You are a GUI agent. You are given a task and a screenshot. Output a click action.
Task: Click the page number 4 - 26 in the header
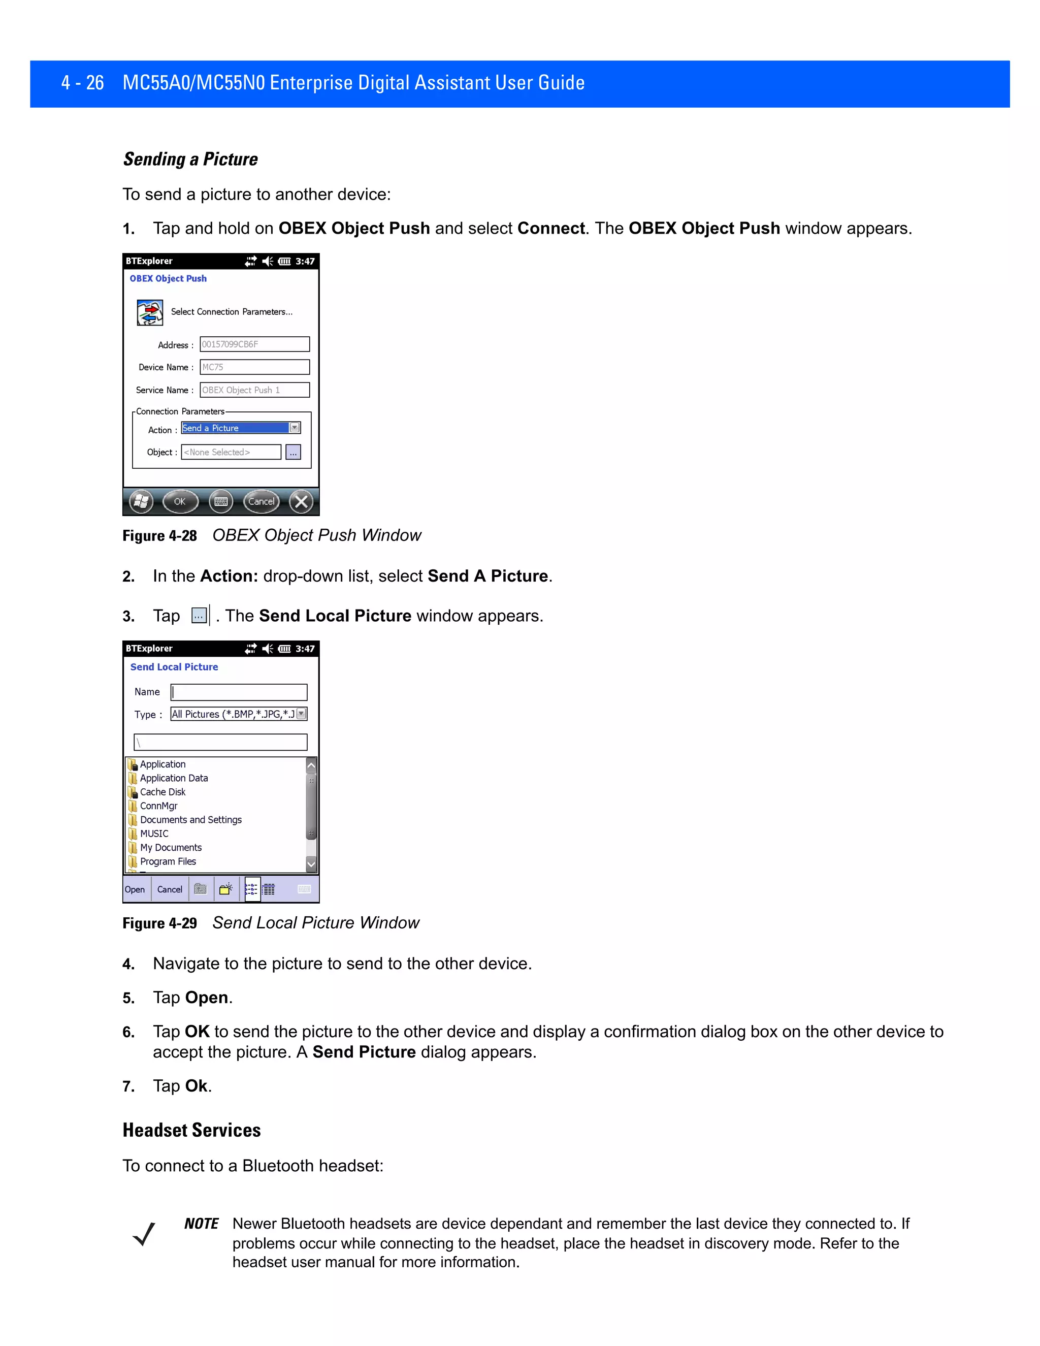click(83, 83)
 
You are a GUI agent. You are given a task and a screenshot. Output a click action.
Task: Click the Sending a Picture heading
click(190, 159)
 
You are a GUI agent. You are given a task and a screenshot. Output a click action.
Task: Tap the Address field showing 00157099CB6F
click(254, 344)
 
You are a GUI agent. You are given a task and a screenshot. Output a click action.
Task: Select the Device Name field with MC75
click(254, 367)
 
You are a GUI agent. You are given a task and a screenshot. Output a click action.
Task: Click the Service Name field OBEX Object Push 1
click(254, 390)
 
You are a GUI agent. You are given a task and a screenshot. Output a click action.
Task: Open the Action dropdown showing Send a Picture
click(295, 428)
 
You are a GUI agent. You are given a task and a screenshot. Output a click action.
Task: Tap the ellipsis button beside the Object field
click(294, 453)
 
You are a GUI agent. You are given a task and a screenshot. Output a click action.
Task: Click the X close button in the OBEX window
click(301, 502)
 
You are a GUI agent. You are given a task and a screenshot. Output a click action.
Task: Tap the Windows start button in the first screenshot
click(141, 502)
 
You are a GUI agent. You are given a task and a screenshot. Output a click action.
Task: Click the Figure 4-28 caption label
click(159, 535)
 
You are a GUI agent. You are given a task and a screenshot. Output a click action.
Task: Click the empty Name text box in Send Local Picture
click(239, 692)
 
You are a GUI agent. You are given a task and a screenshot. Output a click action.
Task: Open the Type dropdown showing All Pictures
click(301, 714)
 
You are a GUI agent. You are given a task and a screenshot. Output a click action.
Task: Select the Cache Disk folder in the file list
click(162, 792)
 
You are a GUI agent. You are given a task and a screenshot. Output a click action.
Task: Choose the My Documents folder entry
click(170, 847)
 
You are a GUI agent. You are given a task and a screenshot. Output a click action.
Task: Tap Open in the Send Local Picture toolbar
click(135, 889)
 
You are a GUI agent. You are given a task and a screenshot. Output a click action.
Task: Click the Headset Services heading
click(191, 1130)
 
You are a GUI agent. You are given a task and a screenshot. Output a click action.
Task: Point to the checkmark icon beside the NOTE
click(144, 1234)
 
